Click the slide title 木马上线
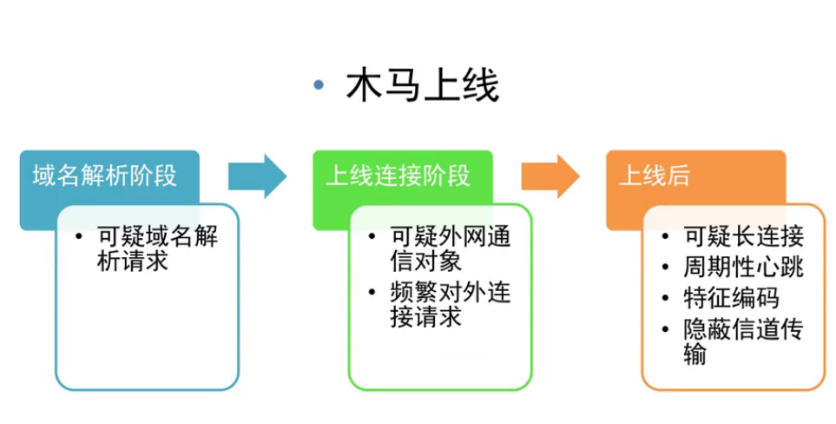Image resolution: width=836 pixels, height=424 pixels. tap(422, 88)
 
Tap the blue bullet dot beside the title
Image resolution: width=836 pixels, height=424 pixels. tap(319, 85)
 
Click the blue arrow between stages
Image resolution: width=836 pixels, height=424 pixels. tap(257, 176)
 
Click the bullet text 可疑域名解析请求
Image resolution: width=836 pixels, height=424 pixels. tap(157, 248)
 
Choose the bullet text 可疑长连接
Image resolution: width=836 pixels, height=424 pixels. tap(743, 236)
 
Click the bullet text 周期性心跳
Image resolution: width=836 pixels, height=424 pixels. tap(743, 267)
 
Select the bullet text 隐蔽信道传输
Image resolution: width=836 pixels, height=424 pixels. tap(743, 341)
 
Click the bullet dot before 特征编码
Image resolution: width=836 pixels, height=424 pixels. tap(666, 298)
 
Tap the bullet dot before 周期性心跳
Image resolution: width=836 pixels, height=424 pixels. tap(666, 267)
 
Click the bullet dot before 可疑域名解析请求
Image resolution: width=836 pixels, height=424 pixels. tap(80, 236)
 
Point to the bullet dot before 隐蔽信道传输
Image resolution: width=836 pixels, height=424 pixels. tap(666, 329)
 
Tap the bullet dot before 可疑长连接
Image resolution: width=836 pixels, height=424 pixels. tap(666, 236)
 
